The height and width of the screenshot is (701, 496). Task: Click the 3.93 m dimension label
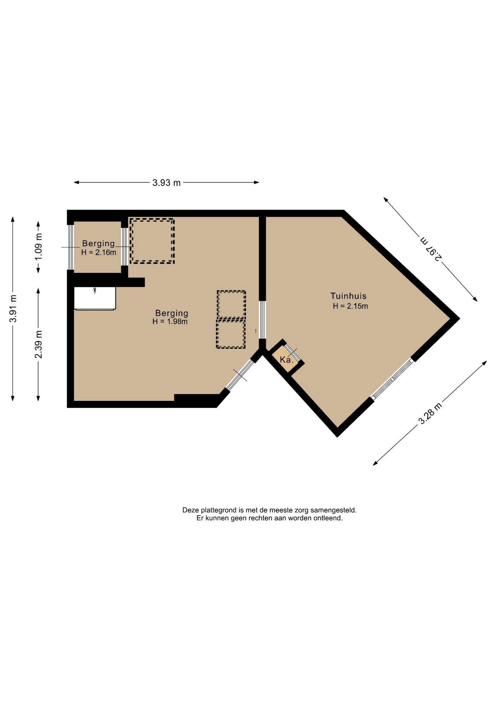(x=167, y=183)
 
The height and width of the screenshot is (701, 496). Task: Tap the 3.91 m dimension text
(x=13, y=309)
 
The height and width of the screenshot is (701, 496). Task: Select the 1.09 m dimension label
(x=39, y=246)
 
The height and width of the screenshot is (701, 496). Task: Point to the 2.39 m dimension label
(x=38, y=344)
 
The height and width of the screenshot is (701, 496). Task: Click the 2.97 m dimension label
(x=431, y=249)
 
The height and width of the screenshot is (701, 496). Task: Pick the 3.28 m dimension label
(x=430, y=413)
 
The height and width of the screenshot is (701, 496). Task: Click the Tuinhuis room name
(x=348, y=296)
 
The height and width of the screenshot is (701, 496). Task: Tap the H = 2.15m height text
(x=350, y=306)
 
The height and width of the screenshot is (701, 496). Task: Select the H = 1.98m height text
(x=170, y=322)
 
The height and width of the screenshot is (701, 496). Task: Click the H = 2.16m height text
(x=99, y=252)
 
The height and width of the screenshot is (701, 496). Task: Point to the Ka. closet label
(x=287, y=360)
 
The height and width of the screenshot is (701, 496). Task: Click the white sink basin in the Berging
(x=95, y=298)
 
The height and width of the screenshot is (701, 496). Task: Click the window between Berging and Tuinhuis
(x=262, y=320)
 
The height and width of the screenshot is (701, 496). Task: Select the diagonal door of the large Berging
(x=239, y=375)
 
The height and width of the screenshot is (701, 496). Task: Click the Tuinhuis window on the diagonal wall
(x=393, y=379)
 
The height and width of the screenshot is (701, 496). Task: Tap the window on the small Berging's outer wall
(x=71, y=247)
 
